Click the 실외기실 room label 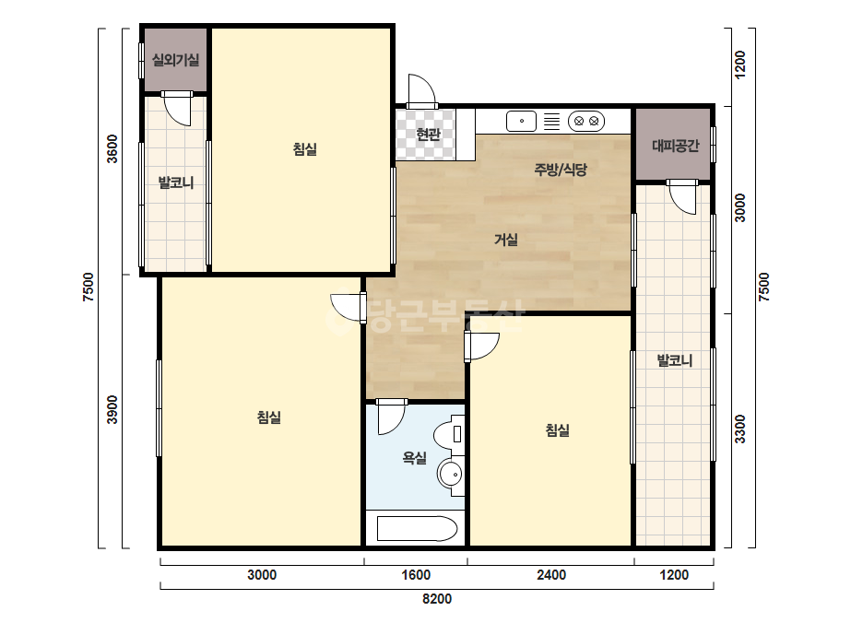[175, 60]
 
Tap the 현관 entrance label [428, 134]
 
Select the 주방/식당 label [561, 170]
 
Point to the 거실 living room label [506, 240]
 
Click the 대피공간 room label [675, 146]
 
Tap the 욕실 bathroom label [415, 458]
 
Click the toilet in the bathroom [449, 432]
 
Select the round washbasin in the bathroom [451, 475]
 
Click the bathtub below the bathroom [417, 529]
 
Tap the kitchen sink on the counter [521, 121]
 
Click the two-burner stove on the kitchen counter [586, 121]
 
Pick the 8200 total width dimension [437, 599]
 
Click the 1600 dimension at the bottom [416, 575]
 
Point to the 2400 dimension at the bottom [550, 575]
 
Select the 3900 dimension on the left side [112, 410]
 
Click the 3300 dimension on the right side [739, 429]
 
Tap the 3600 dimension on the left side [112, 148]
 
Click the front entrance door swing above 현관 [421, 91]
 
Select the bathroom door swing [391, 417]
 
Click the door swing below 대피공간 [682, 196]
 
